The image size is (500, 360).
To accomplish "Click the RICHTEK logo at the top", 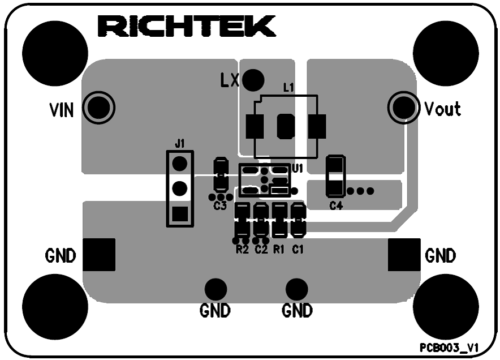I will pos(187,27).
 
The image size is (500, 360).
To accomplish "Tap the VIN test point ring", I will pos(100,107).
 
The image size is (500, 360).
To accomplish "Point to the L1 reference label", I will pos(288,88).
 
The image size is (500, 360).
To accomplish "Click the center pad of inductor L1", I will pos(285,126).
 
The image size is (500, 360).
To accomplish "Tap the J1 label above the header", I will pos(179,144).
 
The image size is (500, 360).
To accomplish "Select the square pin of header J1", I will pos(180,214).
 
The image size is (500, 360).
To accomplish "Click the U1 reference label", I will pos(298,168).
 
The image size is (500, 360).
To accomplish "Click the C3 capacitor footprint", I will pos(220,175).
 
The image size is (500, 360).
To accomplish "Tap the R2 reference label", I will pos(242,249).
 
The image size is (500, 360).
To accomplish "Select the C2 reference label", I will pos(261,249).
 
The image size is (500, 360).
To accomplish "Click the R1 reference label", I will pos(279,249).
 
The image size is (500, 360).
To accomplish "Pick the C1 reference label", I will pos(298,249).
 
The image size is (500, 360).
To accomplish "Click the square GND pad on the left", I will pos(100,255).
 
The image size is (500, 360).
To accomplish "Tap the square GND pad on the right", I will pos(404,255).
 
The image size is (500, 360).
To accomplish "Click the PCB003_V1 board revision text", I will pos(449,348).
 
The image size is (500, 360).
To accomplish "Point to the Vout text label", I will pos(442,108).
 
